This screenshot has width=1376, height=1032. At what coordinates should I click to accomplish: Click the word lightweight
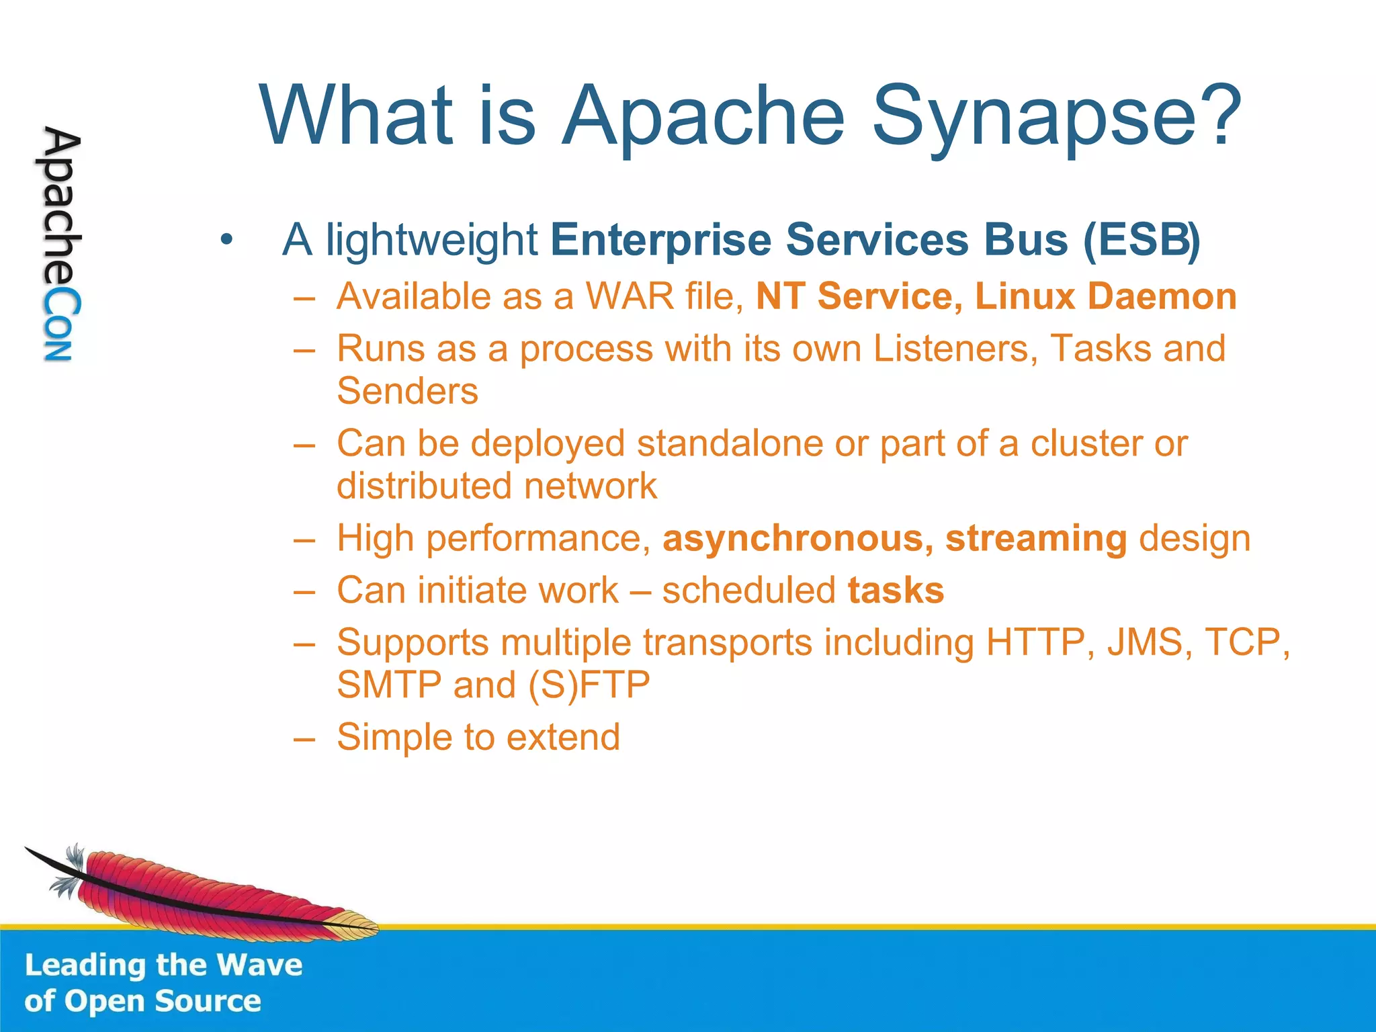click(431, 240)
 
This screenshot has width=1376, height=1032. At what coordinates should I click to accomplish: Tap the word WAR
click(630, 296)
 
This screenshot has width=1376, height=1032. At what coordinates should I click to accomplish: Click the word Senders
click(407, 391)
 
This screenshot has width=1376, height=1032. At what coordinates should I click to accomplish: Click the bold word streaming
click(1035, 539)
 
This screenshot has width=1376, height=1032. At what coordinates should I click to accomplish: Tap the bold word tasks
click(896, 591)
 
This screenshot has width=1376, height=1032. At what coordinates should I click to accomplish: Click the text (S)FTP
click(589, 685)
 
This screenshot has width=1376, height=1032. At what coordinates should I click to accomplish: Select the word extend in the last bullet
click(562, 737)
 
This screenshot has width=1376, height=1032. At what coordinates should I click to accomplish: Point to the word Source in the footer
click(208, 1001)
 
